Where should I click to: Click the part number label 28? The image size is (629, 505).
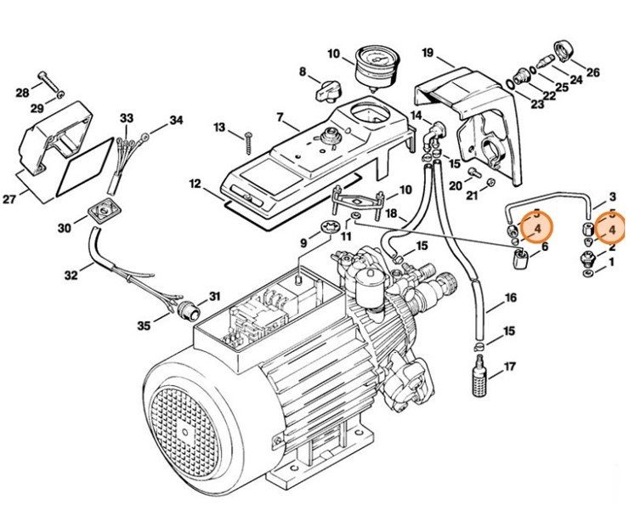[x=22, y=92]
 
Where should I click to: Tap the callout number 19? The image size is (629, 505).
[x=427, y=54]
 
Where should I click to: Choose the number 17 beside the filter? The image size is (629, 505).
[x=510, y=367]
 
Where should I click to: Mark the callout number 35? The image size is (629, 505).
[x=144, y=325]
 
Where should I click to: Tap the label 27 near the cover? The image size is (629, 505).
[x=10, y=200]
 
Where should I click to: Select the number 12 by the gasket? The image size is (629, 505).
[x=194, y=184]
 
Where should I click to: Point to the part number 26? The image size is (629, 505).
[x=593, y=71]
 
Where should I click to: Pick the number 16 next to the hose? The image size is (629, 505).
[x=510, y=299]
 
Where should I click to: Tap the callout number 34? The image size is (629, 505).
[x=176, y=121]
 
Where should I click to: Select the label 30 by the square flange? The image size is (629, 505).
[x=65, y=228]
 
